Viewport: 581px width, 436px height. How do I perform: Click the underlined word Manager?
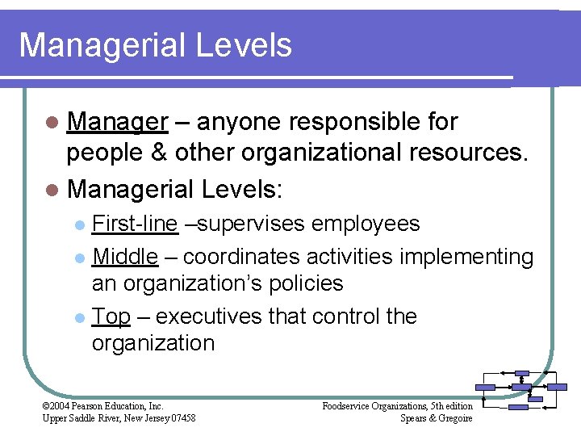pos(117,122)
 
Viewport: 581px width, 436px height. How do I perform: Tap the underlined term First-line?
pos(135,224)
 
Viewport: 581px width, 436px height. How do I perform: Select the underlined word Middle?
pos(125,257)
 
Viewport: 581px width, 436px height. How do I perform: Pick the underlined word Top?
pos(111,316)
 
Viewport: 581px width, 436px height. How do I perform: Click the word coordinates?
pos(242,257)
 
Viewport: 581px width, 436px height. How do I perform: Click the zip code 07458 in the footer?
pos(180,417)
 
